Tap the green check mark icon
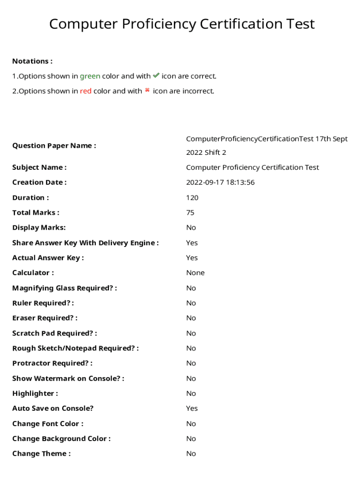pos(156,75)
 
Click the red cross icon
pos(147,90)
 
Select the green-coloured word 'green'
pos(90,76)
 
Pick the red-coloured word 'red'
pos(86,91)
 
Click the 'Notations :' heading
pos(32,61)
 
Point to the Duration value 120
pos(192,197)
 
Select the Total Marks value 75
pos(190,212)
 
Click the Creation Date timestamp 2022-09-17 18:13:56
pos(220,182)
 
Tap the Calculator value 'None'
pos(195,273)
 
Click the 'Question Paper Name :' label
pos(54,145)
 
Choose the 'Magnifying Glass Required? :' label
pos(65,288)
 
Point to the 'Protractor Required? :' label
pos(52,363)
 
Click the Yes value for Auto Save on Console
pos(192,408)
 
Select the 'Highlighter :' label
pos(35,393)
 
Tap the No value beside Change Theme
pos(191,453)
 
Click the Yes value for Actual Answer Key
pos(192,258)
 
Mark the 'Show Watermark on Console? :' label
pos(68,378)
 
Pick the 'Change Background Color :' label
pos(62,438)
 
